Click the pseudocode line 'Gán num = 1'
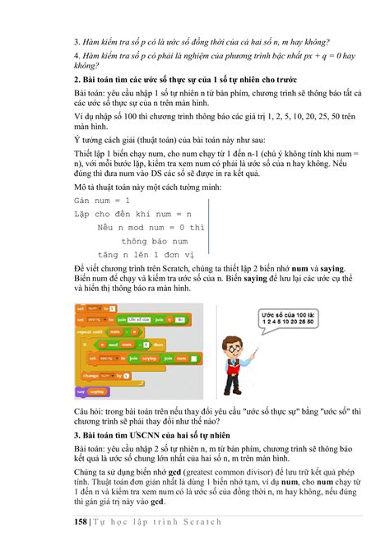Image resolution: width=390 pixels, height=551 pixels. point(102,201)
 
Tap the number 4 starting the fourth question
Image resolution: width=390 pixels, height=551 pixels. point(75,57)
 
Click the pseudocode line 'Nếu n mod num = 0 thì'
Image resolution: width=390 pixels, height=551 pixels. point(150,227)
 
